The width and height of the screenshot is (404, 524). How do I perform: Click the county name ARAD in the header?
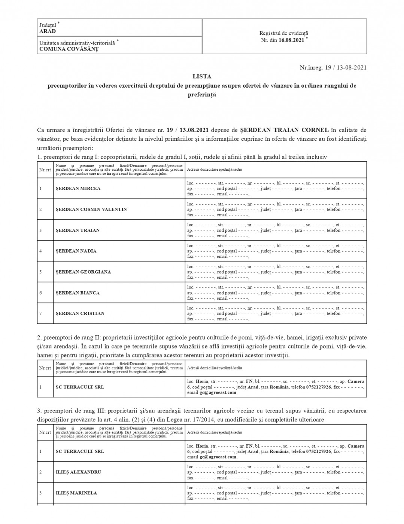[x=48, y=31]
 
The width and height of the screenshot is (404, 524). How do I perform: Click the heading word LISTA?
[x=202, y=76]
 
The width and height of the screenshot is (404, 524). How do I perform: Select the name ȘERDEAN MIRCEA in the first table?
[x=78, y=189]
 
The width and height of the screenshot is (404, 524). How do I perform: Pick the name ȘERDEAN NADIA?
[x=76, y=251]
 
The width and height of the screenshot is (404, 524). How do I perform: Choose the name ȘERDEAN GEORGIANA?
[x=83, y=272]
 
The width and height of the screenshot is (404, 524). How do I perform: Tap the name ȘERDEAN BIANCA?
[x=78, y=293]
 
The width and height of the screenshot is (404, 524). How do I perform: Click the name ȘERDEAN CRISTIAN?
[x=80, y=314]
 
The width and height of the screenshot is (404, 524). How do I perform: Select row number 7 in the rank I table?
[x=40, y=314]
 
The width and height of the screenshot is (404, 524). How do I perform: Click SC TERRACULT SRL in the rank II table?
[x=80, y=387]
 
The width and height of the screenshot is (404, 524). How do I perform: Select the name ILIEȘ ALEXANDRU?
[x=78, y=472]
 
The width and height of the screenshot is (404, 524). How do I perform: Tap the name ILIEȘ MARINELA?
[x=76, y=493]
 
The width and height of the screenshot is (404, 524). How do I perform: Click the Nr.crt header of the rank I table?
[x=45, y=170]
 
